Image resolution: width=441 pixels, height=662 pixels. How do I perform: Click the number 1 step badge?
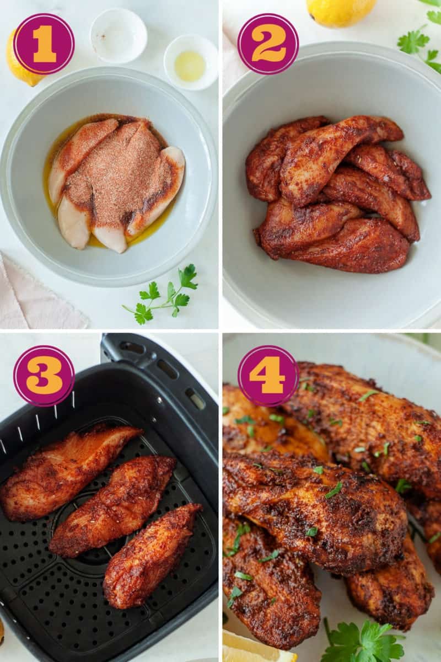click(44, 44)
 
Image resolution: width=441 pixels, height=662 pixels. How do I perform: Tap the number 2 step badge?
click(268, 44)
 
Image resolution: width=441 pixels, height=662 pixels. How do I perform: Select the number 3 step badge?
click(44, 376)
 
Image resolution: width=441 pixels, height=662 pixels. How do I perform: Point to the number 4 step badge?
click(268, 376)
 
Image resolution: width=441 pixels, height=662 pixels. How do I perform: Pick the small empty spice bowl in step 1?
click(118, 35)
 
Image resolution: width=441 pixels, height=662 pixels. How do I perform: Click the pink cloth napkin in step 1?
click(33, 298)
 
